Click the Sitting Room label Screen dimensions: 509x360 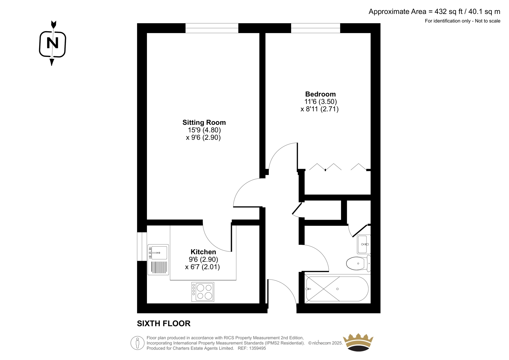[204, 122]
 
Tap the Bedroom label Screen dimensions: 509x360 [320, 94]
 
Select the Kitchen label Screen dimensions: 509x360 [203, 252]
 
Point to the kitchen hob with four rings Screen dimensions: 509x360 [203, 292]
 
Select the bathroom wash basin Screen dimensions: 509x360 [364, 244]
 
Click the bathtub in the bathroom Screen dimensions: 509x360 [338, 289]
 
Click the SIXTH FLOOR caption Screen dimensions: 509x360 [164, 323]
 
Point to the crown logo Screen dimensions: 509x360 [358, 342]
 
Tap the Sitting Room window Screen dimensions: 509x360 [212, 28]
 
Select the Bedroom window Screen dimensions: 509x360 [316, 28]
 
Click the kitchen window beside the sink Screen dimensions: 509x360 [142, 246]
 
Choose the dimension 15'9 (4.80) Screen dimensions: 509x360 [204, 130]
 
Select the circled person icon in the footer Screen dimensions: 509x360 [137, 343]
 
